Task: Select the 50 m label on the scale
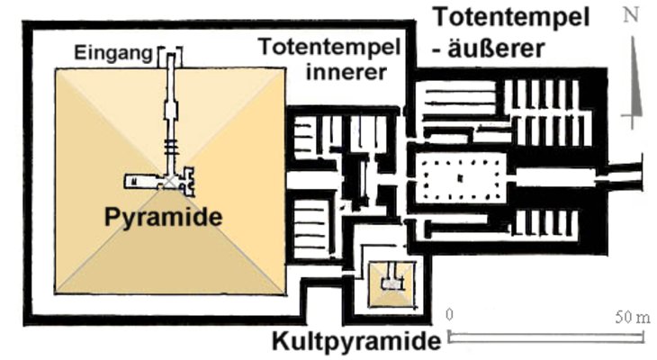pos(631,318)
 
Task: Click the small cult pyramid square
pos(390,283)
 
